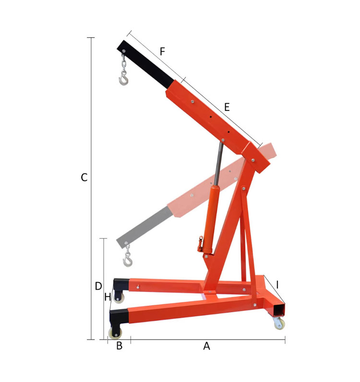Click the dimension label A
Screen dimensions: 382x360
[x=206, y=346]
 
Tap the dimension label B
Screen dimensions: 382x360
[x=120, y=346]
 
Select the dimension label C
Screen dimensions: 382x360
[x=84, y=178]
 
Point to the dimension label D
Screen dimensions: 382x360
[x=98, y=286]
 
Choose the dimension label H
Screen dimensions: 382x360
[x=108, y=297]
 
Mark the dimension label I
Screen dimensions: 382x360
[x=277, y=284]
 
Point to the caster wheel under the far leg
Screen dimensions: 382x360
[x=118, y=297]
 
